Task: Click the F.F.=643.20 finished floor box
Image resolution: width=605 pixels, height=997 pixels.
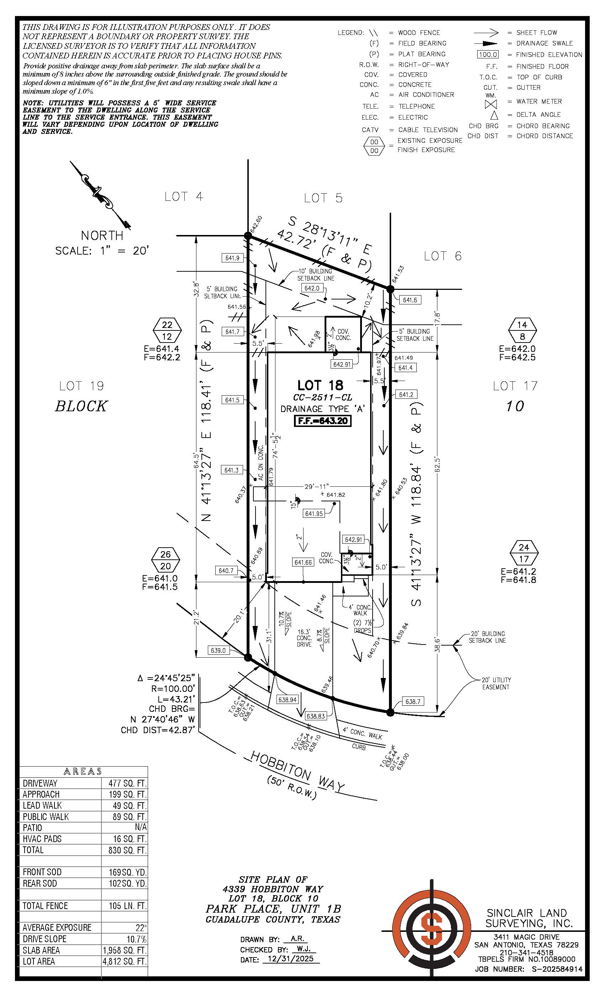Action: [322, 421]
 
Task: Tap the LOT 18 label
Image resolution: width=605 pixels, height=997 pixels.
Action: [320, 385]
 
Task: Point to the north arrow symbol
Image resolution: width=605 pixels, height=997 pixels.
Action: [100, 195]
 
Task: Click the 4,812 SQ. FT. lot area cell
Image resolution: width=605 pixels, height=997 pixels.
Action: [125, 961]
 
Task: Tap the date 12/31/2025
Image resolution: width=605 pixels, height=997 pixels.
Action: [291, 959]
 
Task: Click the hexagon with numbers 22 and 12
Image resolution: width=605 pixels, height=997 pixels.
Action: [167, 330]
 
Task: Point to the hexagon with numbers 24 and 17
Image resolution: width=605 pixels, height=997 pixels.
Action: [524, 553]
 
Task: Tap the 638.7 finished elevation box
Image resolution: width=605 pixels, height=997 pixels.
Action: [413, 701]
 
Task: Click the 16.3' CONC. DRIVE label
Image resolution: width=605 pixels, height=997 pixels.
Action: [304, 638]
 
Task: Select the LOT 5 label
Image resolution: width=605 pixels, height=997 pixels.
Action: [323, 198]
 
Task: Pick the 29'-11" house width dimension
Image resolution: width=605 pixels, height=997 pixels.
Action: [317, 486]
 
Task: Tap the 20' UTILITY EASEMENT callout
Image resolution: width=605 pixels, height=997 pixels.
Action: [496, 683]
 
